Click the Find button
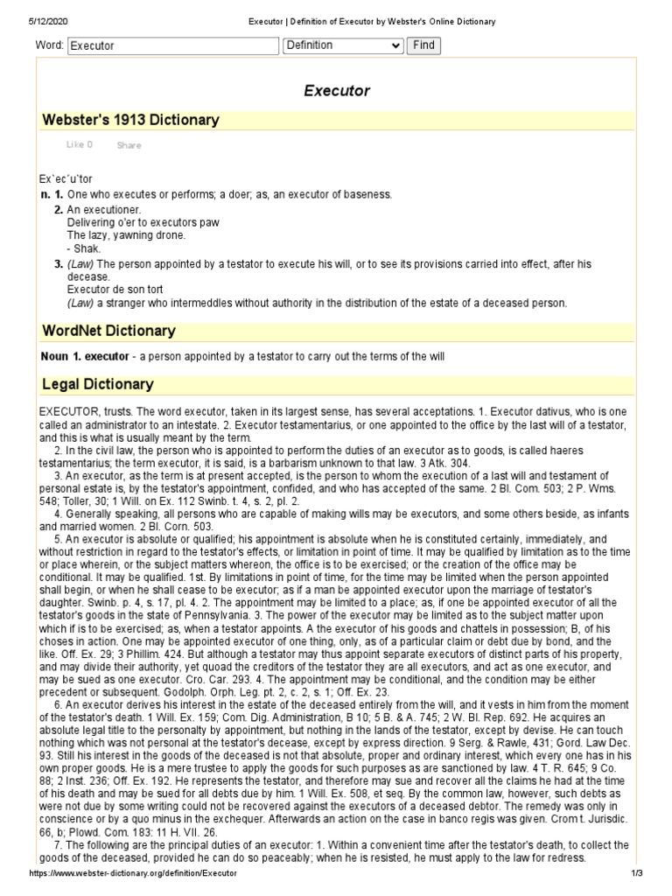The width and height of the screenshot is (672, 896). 423,45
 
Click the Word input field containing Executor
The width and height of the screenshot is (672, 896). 171,45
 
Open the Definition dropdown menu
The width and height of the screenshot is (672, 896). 343,45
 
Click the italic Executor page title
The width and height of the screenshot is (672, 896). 336,90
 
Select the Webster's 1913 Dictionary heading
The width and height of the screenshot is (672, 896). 130,120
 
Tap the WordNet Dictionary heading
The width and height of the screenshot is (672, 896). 108,331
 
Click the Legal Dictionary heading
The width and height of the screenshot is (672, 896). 97,383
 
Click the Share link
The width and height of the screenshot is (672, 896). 129,145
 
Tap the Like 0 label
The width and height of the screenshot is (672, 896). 79,145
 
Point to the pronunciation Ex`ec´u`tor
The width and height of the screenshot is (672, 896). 66,179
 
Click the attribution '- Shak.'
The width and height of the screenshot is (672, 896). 86,248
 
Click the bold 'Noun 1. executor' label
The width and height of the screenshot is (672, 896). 85,356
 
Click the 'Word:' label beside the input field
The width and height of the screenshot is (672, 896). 48,45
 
